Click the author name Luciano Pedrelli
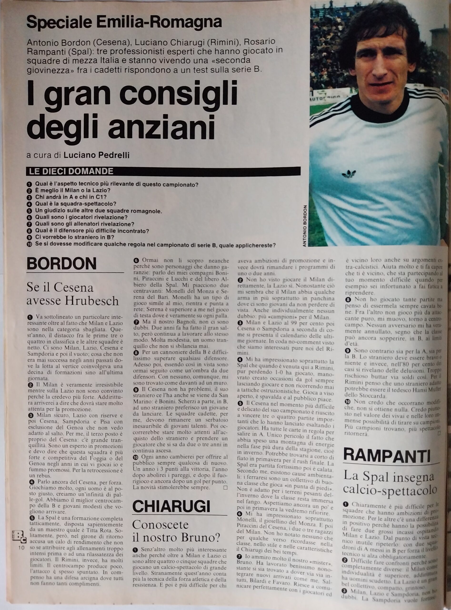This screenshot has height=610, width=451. pyautogui.click(x=96, y=155)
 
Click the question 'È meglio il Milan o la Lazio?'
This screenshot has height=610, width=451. pyautogui.click(x=73, y=190)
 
